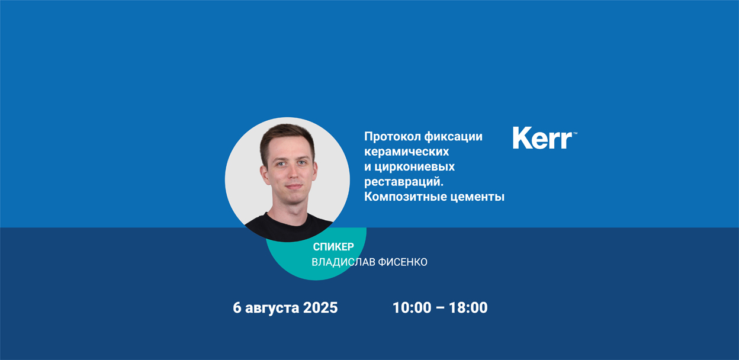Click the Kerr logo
[x=544, y=138]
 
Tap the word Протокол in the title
[x=392, y=137]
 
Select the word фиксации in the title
[x=454, y=137]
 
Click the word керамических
[x=406, y=152]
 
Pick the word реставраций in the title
[x=402, y=182]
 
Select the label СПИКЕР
[x=333, y=247]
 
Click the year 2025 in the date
[x=320, y=307]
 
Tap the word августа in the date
[x=272, y=308]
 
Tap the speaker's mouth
[x=293, y=187]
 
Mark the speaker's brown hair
[x=287, y=135]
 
